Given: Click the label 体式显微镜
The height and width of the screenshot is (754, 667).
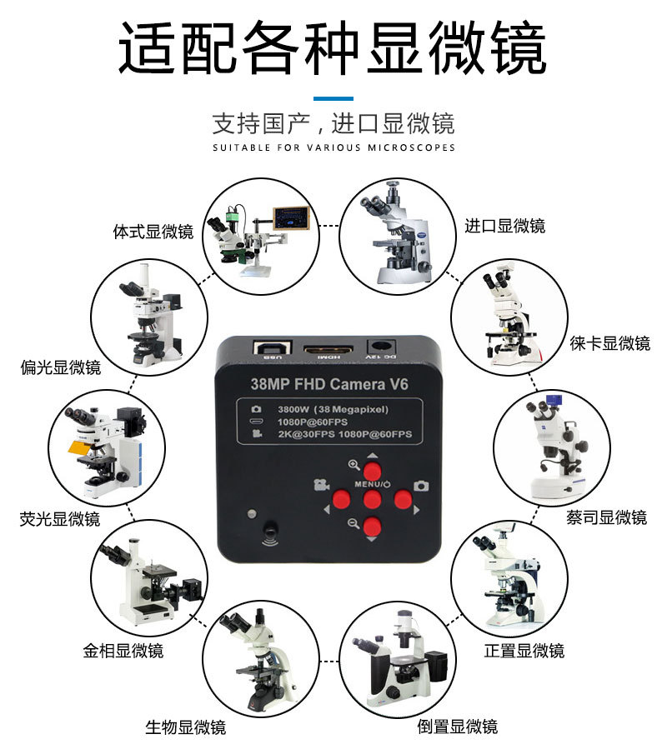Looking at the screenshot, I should (x=153, y=232).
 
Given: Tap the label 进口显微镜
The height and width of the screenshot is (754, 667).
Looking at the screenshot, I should (x=504, y=226).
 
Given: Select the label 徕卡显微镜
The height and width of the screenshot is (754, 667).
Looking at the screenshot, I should (x=609, y=343).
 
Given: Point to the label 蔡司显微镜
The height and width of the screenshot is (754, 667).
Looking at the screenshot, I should (x=606, y=518).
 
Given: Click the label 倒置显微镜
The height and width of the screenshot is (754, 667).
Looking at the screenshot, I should (x=457, y=727).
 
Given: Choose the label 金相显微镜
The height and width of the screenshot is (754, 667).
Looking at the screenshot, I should (x=123, y=651).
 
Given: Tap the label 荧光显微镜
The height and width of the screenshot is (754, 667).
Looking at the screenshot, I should (x=59, y=519).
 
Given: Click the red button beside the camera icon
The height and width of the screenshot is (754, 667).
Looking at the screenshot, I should (x=404, y=499).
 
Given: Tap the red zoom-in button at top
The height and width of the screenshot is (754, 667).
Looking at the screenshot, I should (x=372, y=472).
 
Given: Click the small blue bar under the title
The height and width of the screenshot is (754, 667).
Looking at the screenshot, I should (x=333, y=98).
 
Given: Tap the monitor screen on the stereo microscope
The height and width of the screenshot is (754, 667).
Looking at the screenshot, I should (x=288, y=217).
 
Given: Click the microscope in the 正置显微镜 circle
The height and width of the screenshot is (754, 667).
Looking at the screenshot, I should (x=508, y=577).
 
